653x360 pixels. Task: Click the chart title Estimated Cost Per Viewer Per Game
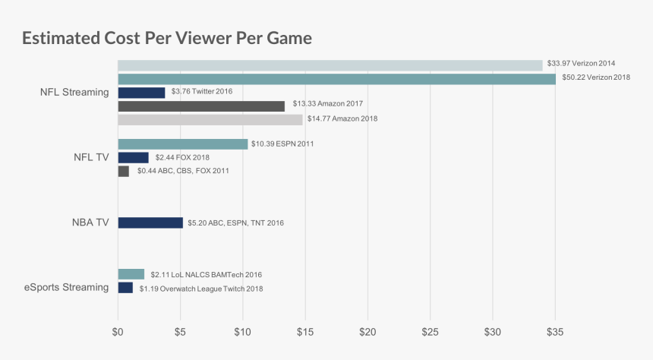coord(167,38)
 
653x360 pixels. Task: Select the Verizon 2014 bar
coord(330,65)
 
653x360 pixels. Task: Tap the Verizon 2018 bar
coord(337,79)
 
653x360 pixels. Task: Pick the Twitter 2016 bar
coord(141,93)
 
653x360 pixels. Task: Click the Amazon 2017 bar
coord(201,106)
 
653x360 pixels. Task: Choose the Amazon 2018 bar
coord(210,120)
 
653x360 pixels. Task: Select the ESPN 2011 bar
coord(183,144)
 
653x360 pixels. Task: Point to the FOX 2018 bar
coord(134,157)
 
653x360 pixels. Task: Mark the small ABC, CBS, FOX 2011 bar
coord(124,171)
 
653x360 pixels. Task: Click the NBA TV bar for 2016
coord(150,223)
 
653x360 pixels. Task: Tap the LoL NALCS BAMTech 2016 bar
coord(131,274)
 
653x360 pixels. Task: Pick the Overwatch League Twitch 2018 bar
coord(125,288)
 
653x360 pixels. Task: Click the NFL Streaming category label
coord(74,92)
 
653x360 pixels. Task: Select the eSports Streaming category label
coord(66,287)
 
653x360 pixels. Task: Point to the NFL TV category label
coord(91,157)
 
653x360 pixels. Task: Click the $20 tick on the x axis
coord(368,332)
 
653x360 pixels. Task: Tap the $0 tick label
coord(118,332)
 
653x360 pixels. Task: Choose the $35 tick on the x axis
coord(555,332)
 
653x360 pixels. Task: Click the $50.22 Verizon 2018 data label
coord(596,77)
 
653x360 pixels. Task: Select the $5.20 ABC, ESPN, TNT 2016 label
coord(235,223)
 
